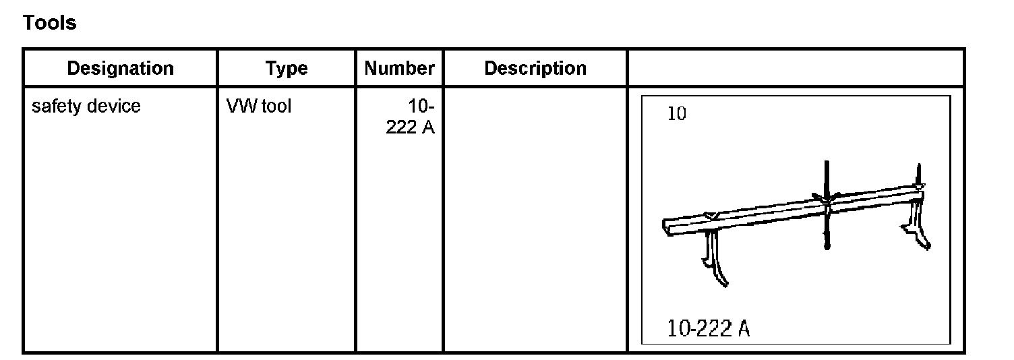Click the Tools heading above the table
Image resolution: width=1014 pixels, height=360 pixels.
click(50, 23)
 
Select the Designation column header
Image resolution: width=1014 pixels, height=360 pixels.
click(120, 68)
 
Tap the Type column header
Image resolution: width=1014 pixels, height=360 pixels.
click(286, 68)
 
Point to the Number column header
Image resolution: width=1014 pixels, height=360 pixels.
click(399, 68)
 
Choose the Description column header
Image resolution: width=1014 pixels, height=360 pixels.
click(535, 68)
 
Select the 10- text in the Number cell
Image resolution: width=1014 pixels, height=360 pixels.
click(421, 107)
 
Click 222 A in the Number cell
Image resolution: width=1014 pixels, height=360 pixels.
click(410, 127)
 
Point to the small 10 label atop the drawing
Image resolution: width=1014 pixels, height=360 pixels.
click(676, 114)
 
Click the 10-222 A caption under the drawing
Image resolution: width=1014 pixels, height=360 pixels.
click(708, 329)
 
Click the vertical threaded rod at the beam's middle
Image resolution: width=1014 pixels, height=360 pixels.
click(827, 216)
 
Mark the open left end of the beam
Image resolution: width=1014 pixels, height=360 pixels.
click(667, 228)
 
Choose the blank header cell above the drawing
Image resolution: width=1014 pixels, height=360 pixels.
click(796, 68)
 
